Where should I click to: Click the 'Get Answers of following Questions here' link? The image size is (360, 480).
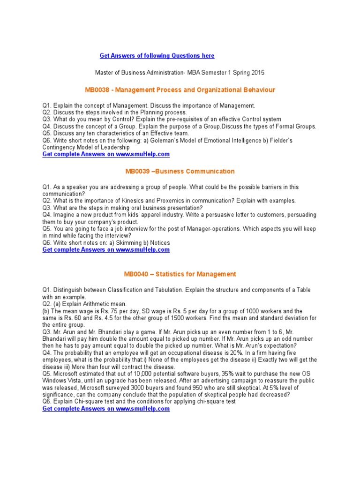[x=157, y=56]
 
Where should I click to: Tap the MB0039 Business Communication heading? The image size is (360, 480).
[x=180, y=171]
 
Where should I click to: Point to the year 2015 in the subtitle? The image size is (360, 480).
[x=257, y=73]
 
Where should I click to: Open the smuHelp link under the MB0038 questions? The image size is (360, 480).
[x=106, y=154]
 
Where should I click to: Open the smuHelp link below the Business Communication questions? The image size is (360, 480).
[x=106, y=250]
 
